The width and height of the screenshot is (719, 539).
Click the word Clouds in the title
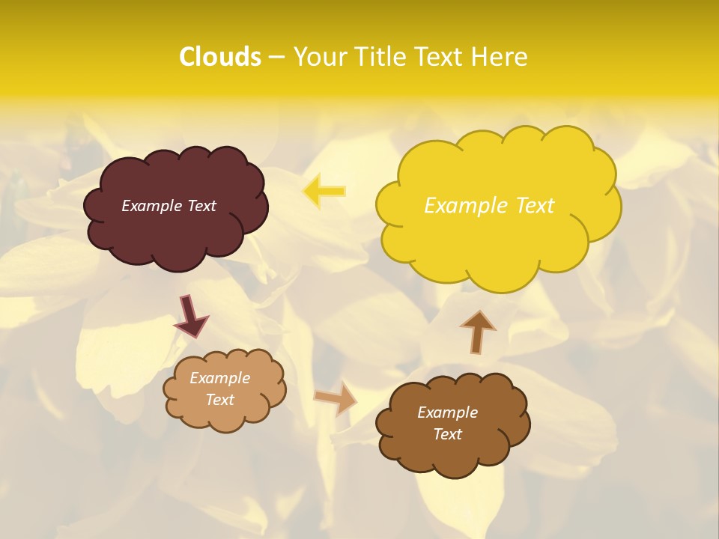point(220,57)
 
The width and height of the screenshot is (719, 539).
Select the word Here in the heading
point(501,57)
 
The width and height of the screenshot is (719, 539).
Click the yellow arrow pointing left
point(324,191)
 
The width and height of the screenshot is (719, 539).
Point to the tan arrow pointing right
point(336,398)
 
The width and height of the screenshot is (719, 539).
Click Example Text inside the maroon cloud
point(169,206)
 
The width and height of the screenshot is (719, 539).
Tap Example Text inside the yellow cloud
point(489,206)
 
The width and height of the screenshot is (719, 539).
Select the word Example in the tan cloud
point(220,378)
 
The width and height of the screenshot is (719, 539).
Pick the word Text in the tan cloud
point(220,400)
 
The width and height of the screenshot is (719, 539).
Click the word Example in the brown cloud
point(447,412)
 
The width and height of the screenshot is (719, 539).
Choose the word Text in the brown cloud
point(447,434)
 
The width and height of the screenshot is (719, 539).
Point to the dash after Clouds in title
point(276,58)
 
